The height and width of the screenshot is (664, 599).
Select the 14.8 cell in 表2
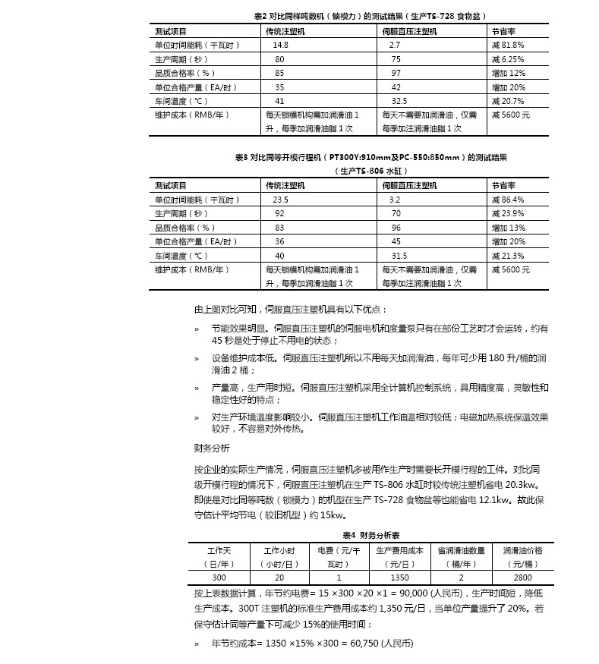click(281, 46)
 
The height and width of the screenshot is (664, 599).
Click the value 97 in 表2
click(396, 73)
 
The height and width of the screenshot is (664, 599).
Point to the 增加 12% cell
click(508, 73)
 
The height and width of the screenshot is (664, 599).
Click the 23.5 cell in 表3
click(281, 200)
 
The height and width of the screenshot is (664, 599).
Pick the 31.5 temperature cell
click(399, 256)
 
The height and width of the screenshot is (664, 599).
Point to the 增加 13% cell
click(508, 228)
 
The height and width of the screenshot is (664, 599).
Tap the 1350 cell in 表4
click(399, 577)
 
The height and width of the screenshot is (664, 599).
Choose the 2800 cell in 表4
click(522, 577)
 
